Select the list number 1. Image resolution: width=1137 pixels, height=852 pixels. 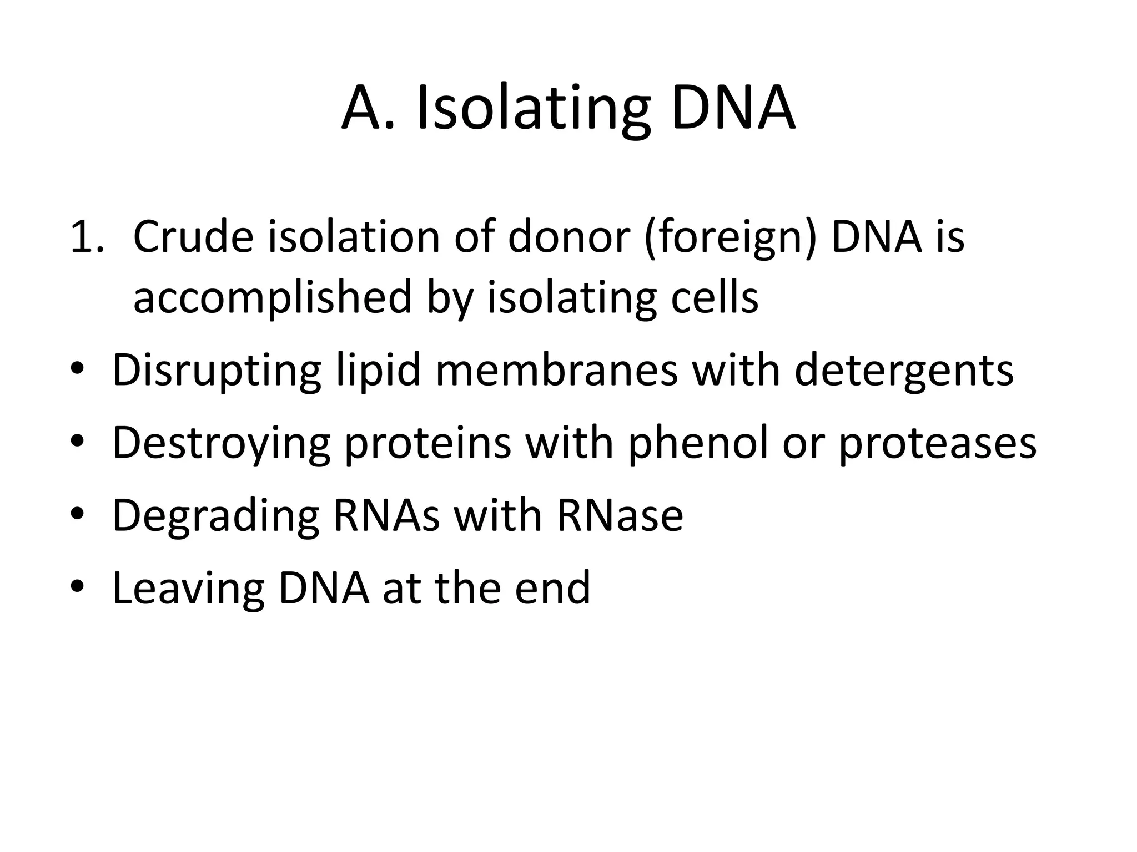[86, 237]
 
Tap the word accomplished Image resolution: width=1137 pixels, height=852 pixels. [273, 298]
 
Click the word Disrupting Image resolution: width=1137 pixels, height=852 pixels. [217, 371]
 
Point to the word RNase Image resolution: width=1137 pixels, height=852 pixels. [620, 516]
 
